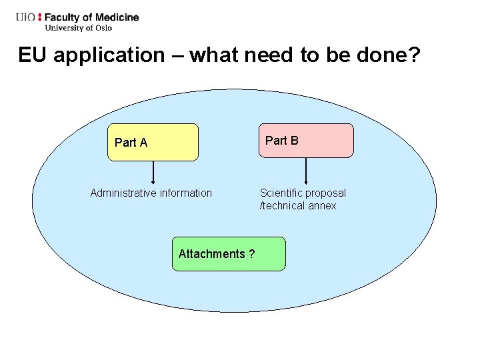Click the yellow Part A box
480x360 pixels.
(x=153, y=142)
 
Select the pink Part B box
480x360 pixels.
(x=306, y=140)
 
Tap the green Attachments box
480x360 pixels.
(x=228, y=254)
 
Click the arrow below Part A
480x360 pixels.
(x=153, y=172)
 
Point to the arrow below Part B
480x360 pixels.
(x=306, y=171)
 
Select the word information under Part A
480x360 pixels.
(x=183, y=193)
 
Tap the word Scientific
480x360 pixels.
(x=281, y=193)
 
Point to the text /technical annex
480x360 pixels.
(x=298, y=206)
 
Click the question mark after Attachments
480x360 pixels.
(x=251, y=254)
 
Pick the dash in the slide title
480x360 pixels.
(x=177, y=55)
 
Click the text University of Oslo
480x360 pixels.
(x=79, y=27)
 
